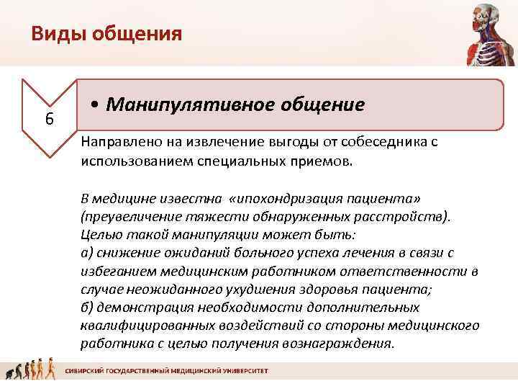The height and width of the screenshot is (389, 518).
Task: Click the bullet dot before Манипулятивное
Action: click(x=96, y=106)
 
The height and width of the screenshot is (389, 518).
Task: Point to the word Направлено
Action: click(x=117, y=142)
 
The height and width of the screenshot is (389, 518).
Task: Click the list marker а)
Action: click(x=87, y=253)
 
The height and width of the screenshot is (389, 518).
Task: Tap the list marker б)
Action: click(x=87, y=308)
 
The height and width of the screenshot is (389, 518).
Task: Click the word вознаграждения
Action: click(x=344, y=344)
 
